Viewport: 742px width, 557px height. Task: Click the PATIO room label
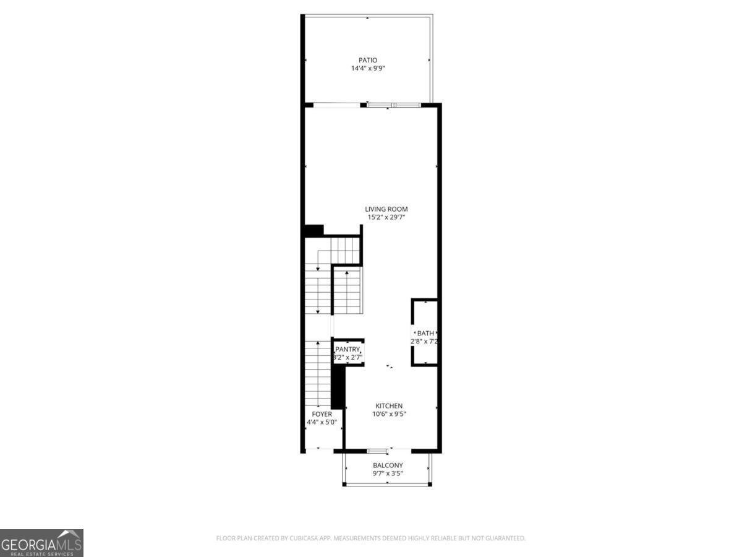click(368, 60)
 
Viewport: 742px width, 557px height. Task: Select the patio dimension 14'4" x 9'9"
click(368, 69)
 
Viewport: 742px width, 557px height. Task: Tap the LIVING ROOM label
click(386, 209)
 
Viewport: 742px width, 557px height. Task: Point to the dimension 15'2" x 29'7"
click(386, 217)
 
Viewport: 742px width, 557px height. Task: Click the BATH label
click(425, 333)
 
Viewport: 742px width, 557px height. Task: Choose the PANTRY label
click(348, 349)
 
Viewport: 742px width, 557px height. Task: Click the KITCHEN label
click(388, 406)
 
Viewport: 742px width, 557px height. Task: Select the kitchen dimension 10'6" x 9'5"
click(388, 414)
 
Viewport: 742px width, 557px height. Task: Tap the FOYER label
click(322, 414)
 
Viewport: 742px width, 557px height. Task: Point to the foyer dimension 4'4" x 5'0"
click(322, 422)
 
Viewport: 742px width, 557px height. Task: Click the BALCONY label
click(388, 465)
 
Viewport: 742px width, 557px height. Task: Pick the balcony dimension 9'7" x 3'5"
click(388, 473)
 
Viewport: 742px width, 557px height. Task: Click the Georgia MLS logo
click(41, 543)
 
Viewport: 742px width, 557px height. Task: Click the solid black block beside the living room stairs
click(314, 230)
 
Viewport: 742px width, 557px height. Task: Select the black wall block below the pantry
click(338, 385)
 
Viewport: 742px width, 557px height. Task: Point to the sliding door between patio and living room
click(393, 105)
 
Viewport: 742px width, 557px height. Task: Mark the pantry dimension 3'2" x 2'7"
click(348, 357)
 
